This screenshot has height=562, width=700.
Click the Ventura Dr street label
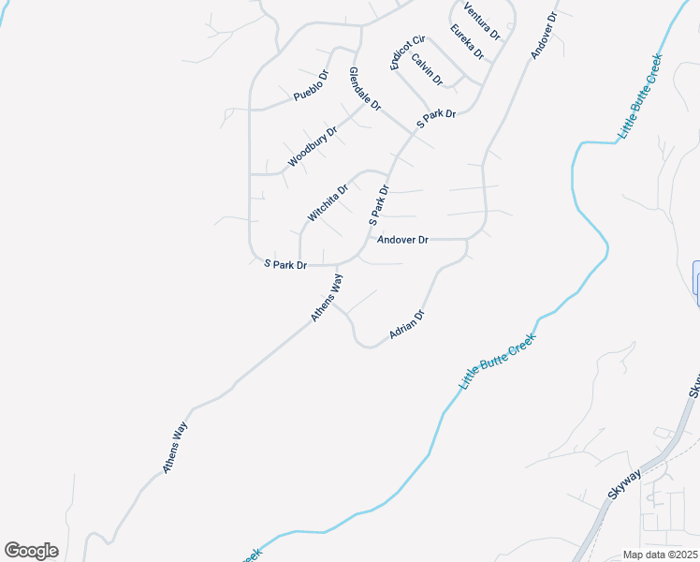(481, 21)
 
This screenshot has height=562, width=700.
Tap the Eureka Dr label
(466, 43)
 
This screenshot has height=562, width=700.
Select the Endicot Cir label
(407, 52)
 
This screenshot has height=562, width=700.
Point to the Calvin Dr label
(427, 71)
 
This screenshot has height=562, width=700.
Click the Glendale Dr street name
(365, 89)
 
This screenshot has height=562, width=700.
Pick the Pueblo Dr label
(311, 85)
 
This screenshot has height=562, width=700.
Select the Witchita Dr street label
(328, 201)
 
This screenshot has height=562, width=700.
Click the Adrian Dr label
(407, 325)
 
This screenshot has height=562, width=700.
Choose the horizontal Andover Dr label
(402, 240)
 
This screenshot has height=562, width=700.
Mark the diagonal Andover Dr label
(544, 37)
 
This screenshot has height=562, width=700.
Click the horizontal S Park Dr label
(285, 265)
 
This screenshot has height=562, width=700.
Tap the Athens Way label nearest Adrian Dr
(328, 298)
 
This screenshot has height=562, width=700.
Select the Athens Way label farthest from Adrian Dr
(176, 450)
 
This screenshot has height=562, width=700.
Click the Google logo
(31, 551)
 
